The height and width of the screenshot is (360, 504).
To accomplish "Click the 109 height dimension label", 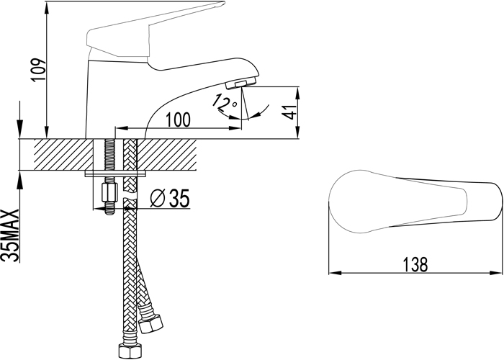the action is pyautogui.click(x=39, y=70).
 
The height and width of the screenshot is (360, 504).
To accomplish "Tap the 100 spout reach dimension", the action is pyautogui.click(x=178, y=120).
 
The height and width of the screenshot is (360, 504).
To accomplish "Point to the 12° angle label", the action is pyautogui.click(x=225, y=102).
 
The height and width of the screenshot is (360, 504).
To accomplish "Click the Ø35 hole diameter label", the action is pyautogui.click(x=170, y=198).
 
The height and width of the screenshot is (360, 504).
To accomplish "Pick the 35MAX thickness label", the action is pyautogui.click(x=9, y=235).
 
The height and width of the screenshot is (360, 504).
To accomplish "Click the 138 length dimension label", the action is pyautogui.click(x=415, y=264).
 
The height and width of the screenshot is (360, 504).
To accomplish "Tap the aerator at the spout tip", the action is pyautogui.click(x=241, y=84).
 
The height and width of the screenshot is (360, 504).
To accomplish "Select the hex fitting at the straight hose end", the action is pyautogui.click(x=130, y=353).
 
